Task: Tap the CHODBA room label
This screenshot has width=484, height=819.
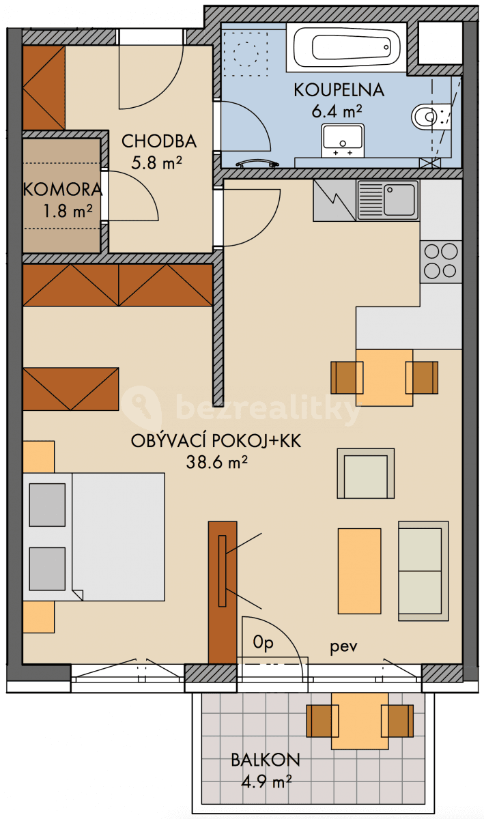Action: pos(159,141)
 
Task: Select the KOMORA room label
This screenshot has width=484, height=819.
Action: pos(62,190)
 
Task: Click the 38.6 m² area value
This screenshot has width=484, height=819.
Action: pos(216,462)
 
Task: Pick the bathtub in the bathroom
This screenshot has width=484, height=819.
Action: pos(351,46)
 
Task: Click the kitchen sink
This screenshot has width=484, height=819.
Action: pos(388,200)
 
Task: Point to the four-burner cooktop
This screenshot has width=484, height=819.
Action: pos(440,261)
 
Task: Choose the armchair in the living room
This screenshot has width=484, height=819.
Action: pos(365,473)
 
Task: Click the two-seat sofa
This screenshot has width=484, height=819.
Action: pos(423,571)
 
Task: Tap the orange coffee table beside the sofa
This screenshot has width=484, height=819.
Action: pos(359,571)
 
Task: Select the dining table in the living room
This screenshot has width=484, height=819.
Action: pos(384,377)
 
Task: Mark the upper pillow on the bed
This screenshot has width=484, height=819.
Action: pos(47,504)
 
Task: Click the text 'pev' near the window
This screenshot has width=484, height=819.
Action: pos(344,646)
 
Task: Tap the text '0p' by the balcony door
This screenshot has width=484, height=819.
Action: pos(262,642)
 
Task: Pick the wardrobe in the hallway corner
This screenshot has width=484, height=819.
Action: pos(44,88)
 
